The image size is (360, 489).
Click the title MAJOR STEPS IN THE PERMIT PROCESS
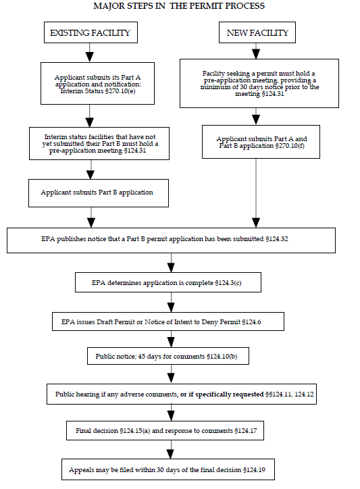click(x=180, y=6)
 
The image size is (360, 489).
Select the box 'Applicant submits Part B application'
click(x=97, y=192)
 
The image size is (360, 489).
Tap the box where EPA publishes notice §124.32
click(x=171, y=239)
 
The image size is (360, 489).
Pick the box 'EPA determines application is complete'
click(x=171, y=282)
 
